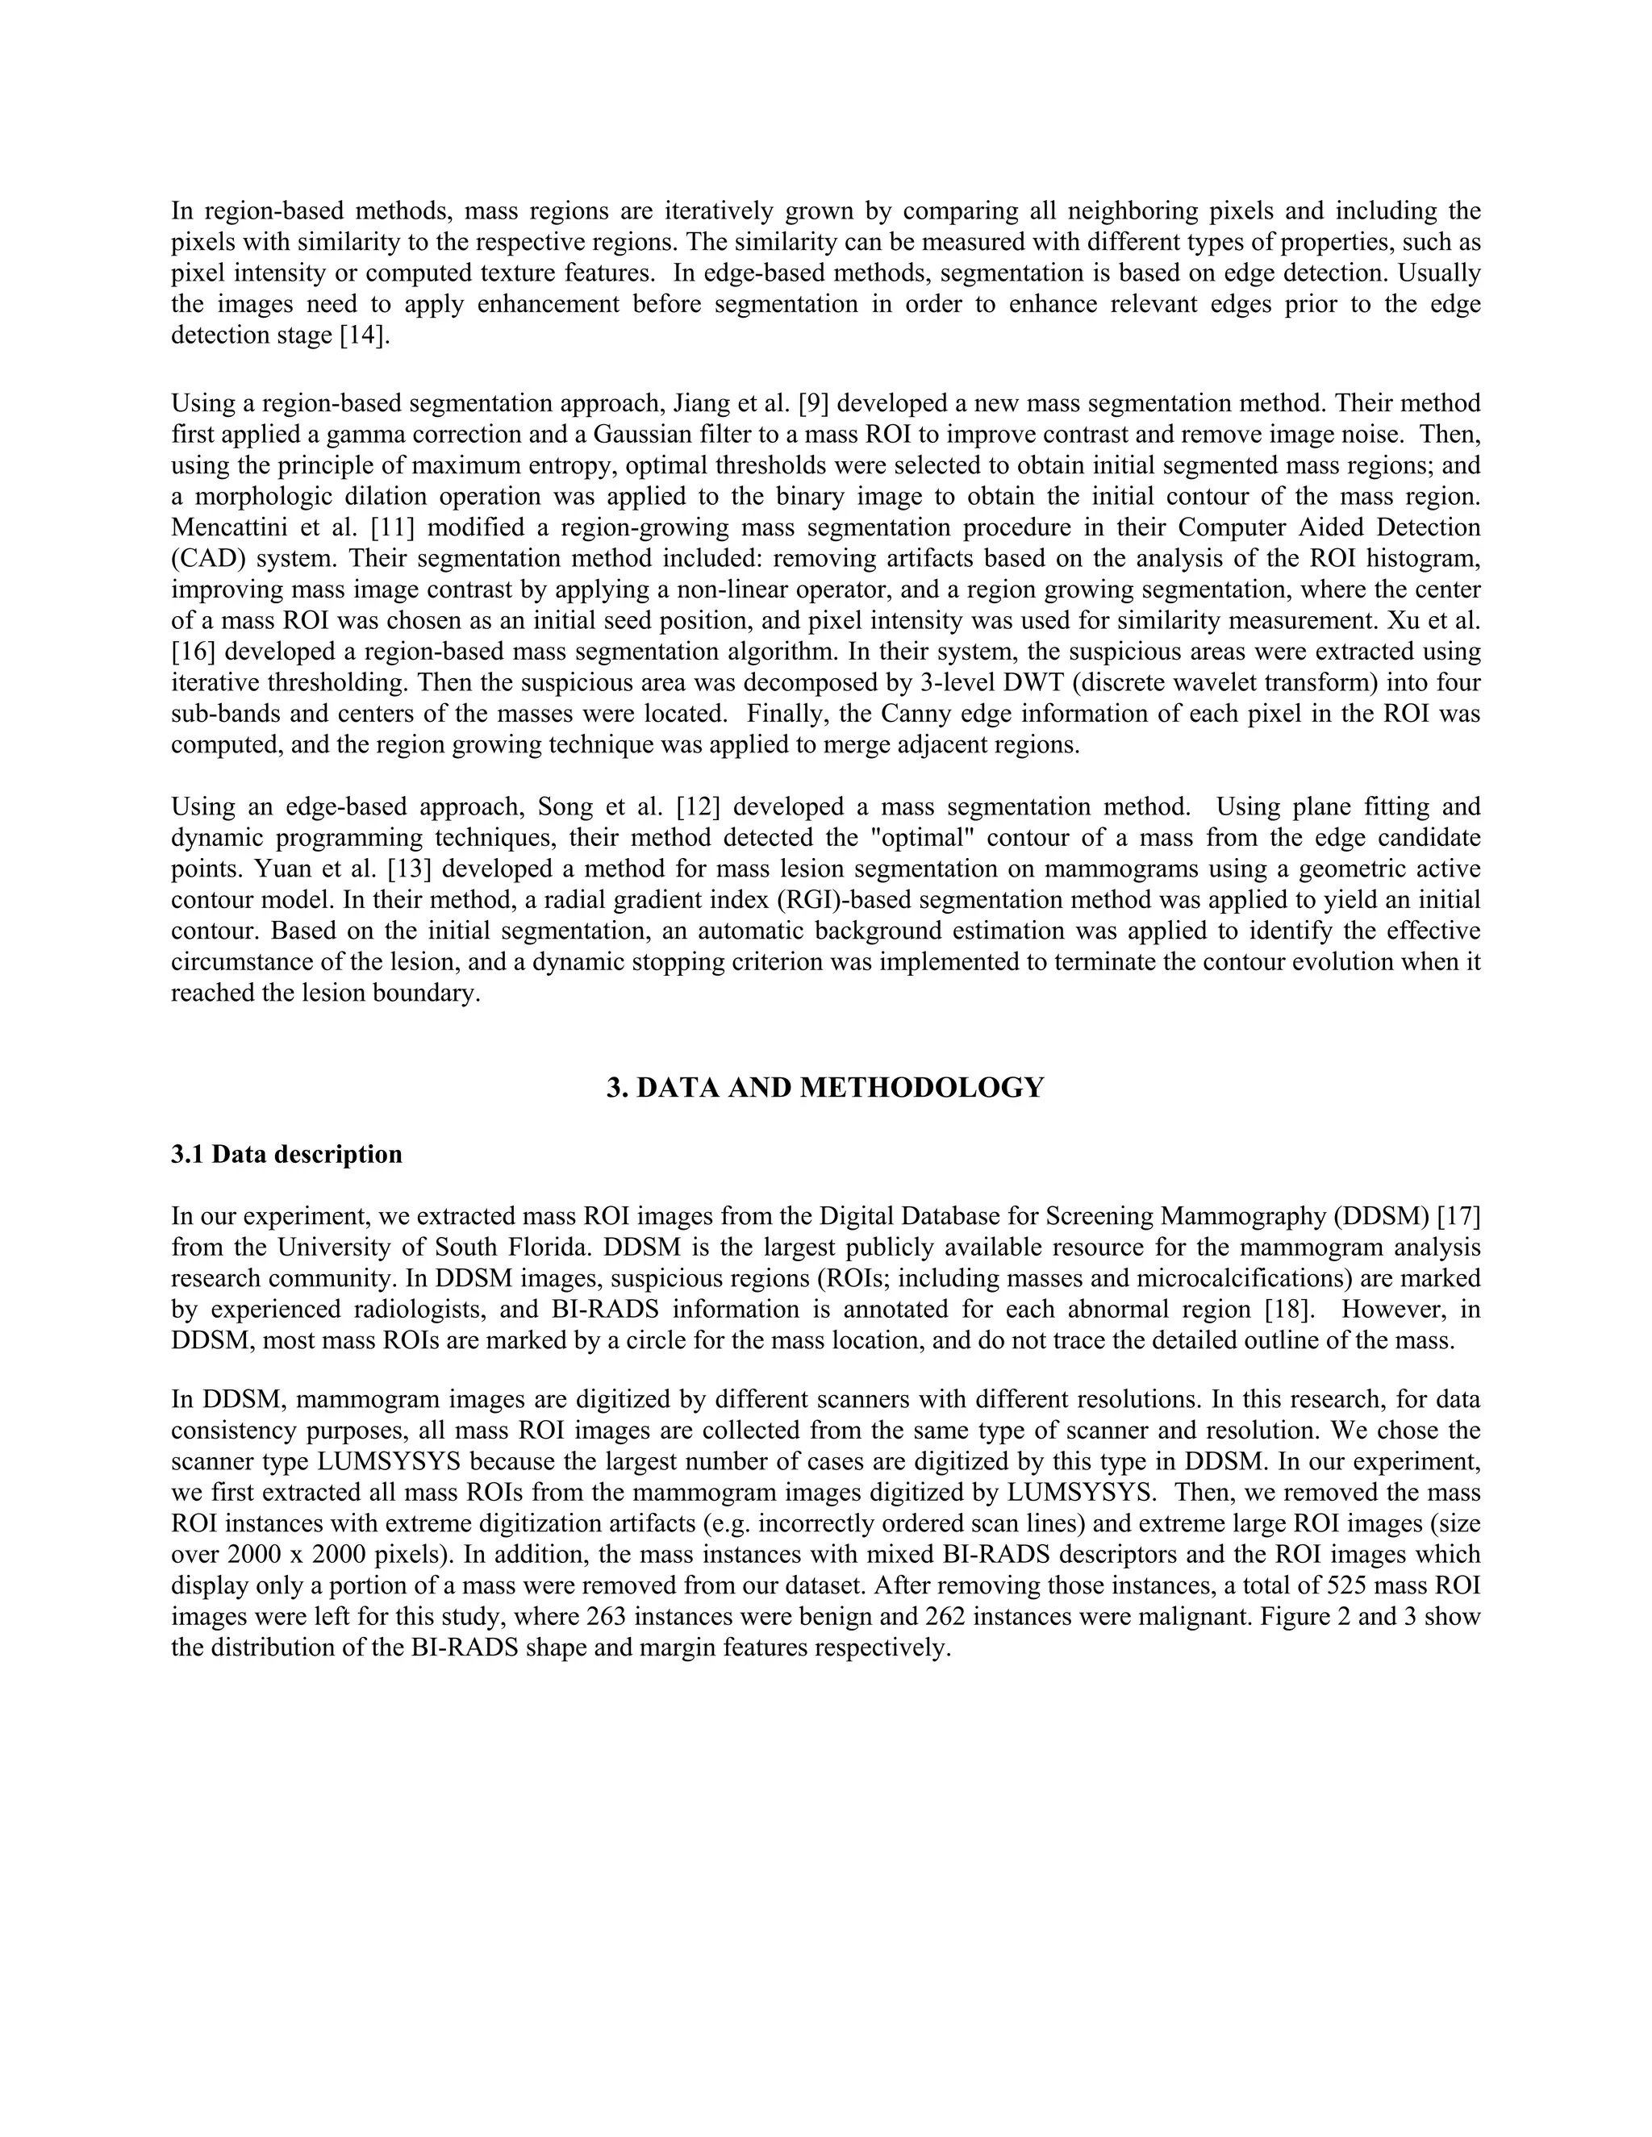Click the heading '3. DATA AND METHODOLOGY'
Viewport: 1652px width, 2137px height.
tap(825, 1088)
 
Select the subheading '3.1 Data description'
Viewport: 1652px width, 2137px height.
tap(286, 1155)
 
